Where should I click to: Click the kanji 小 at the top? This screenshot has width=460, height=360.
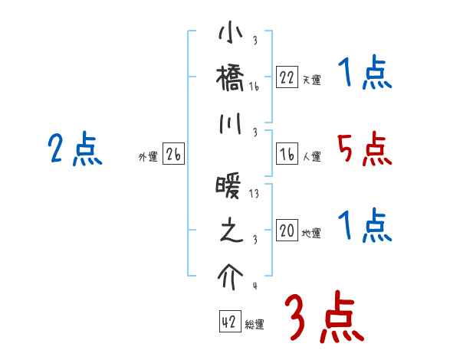[231, 36]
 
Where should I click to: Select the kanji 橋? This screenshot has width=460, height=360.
[231, 77]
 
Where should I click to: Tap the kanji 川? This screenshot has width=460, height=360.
[231, 122]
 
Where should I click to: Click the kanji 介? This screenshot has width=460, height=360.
[231, 273]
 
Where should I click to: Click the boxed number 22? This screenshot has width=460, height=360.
[287, 77]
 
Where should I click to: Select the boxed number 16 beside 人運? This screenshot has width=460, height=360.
[287, 154]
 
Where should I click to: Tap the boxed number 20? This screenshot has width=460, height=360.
[287, 231]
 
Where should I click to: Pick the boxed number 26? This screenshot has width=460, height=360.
[173, 154]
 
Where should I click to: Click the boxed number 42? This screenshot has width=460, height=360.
[229, 322]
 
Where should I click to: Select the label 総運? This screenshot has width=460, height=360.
[255, 325]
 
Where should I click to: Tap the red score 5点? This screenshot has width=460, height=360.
[364, 149]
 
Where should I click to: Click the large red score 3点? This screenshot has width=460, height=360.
[324, 318]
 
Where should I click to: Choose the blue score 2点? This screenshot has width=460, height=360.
[74, 149]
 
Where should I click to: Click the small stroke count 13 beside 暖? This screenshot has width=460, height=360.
[254, 195]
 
